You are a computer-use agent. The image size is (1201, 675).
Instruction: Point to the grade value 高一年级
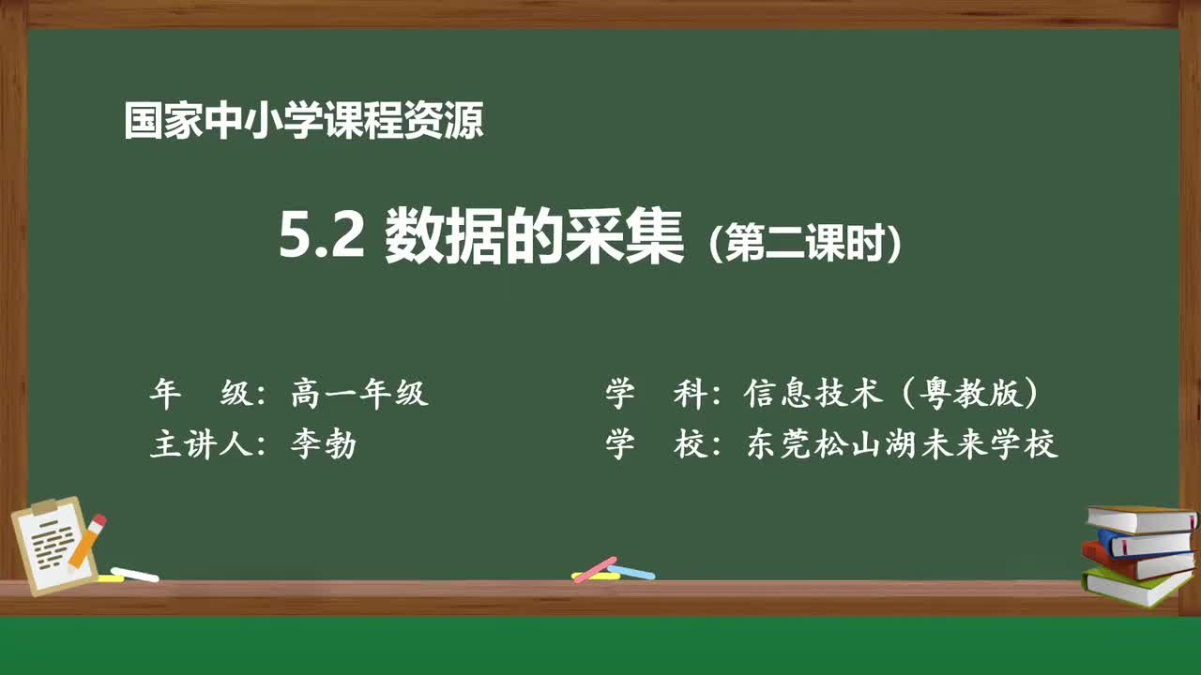(359, 394)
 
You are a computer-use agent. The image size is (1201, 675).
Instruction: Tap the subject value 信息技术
(813, 394)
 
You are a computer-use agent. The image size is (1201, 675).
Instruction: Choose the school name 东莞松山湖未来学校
(902, 444)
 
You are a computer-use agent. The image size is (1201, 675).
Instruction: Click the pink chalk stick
(595, 568)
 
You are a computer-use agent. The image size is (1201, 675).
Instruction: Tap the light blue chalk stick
(631, 571)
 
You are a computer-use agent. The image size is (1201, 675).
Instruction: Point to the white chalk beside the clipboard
(134, 573)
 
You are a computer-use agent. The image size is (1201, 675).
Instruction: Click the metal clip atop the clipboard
(45, 507)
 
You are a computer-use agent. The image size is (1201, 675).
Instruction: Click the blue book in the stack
(1145, 542)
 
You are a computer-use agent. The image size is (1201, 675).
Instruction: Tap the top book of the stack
(1140, 517)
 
